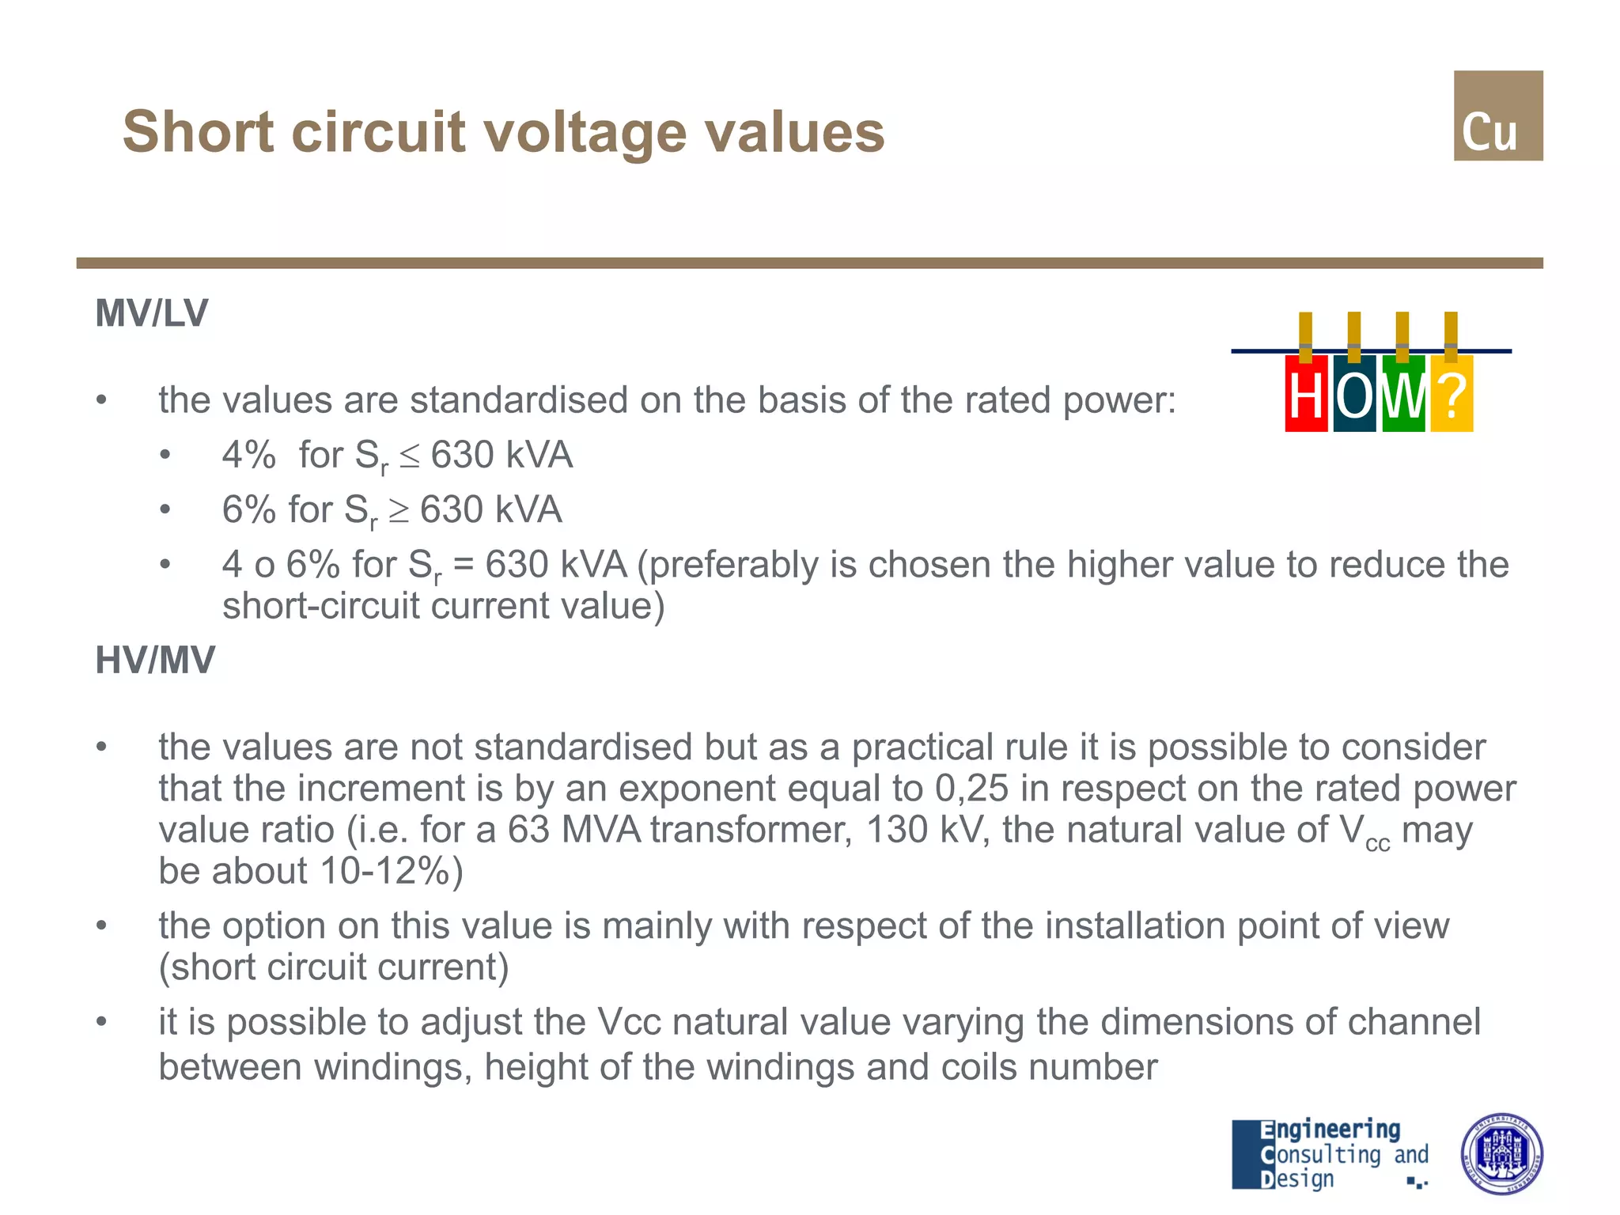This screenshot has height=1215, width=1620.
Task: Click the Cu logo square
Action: coord(1497,115)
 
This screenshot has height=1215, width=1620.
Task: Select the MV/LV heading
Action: coord(151,313)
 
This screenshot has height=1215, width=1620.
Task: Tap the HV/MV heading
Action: coord(155,660)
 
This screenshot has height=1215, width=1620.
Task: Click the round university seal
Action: coord(1501,1153)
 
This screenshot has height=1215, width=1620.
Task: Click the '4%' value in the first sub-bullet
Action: coord(248,455)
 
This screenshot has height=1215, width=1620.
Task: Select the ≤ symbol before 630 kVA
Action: coord(410,457)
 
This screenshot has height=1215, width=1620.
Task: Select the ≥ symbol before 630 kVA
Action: coord(399,511)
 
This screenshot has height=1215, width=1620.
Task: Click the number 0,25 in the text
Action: coord(971,789)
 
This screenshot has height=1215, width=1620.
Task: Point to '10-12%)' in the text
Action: coord(392,871)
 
